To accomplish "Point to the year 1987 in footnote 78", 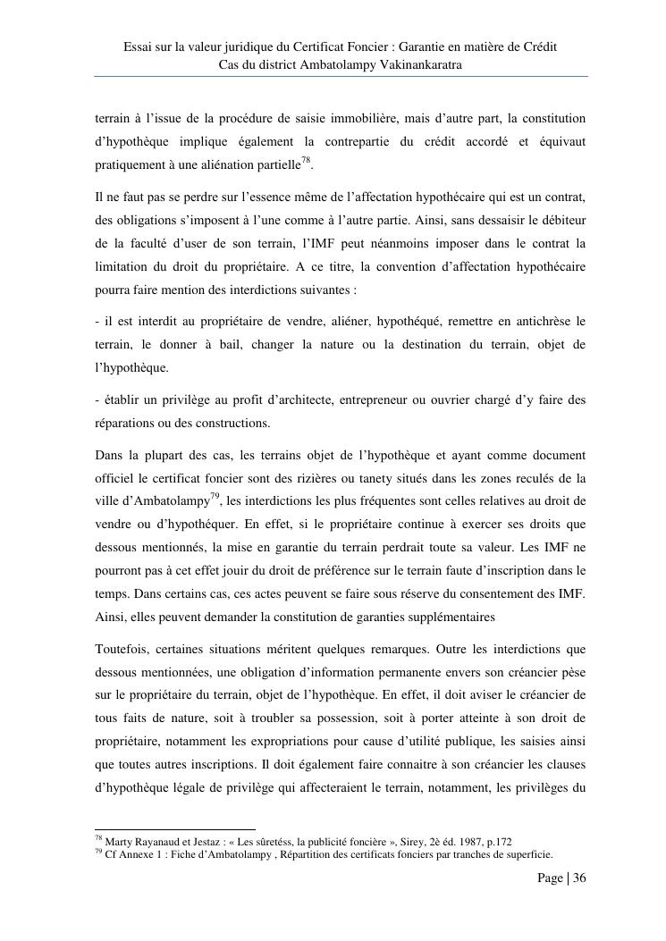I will point(449,841).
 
